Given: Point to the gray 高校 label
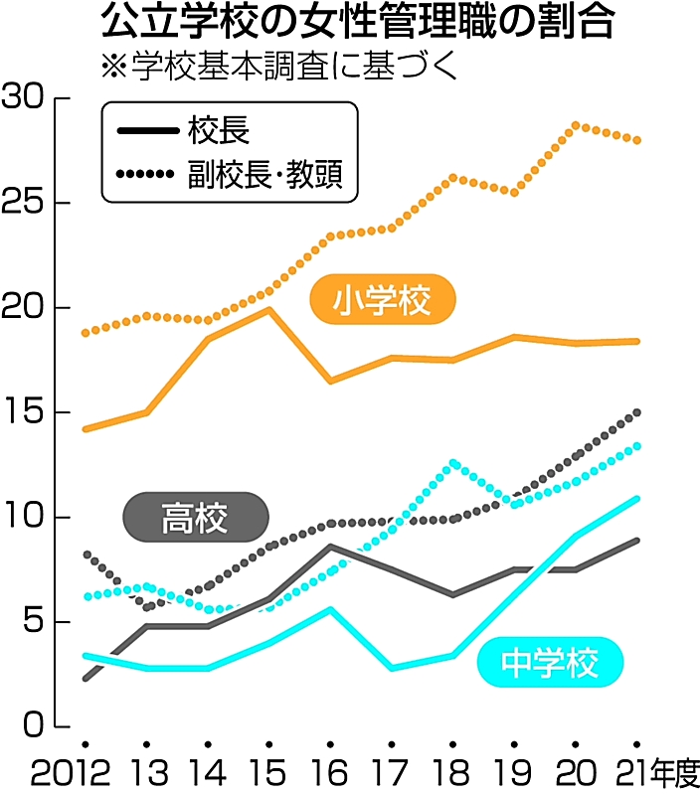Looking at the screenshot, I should click(x=195, y=517).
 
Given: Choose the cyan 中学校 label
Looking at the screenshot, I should click(x=550, y=663).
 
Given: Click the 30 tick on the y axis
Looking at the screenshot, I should click(x=24, y=98).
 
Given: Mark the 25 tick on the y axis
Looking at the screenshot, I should click(x=24, y=204).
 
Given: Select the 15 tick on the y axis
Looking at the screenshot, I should click(x=24, y=412).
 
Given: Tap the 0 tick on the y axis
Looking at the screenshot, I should click(x=35, y=726).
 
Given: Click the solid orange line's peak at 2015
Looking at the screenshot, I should click(x=268, y=309).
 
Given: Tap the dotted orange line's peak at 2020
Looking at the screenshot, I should click(x=576, y=125).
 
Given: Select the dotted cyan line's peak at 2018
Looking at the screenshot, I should click(x=453, y=463).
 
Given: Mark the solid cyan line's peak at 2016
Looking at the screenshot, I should click(x=330, y=609).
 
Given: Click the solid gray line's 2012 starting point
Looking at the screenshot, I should click(x=86, y=679).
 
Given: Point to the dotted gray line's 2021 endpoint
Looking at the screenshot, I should click(x=637, y=411).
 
